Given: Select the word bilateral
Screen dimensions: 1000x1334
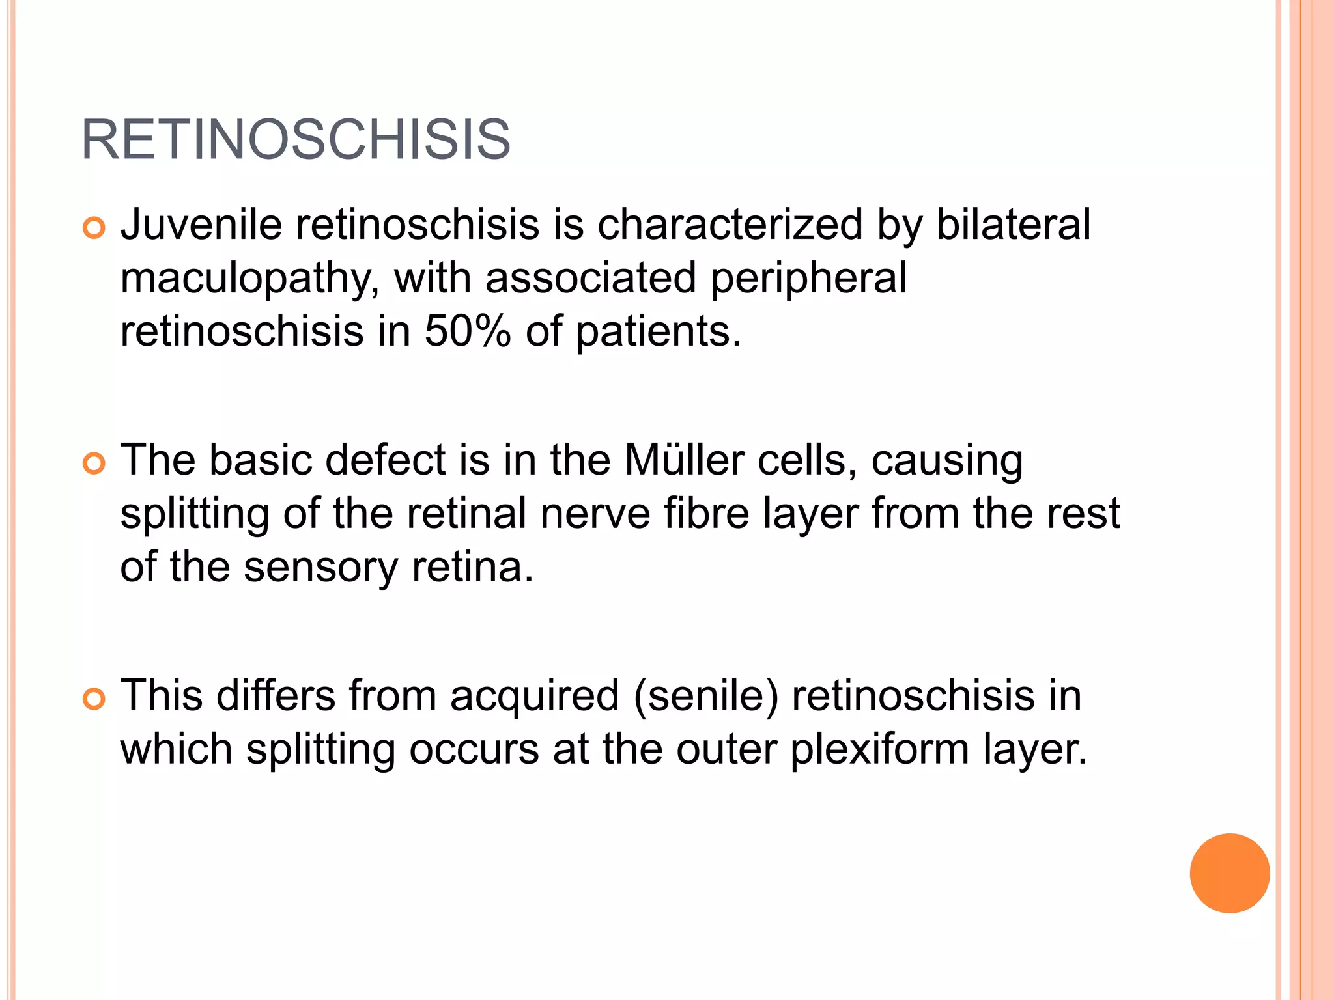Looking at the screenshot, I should (x=1013, y=225).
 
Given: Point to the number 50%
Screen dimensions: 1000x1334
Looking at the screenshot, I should (x=468, y=331).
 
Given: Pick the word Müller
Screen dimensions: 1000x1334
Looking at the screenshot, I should (x=684, y=460).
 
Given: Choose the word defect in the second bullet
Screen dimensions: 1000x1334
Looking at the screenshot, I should (x=385, y=460).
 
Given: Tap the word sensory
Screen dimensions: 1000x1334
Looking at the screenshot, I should (x=320, y=567).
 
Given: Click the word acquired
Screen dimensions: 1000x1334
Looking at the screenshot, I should (x=534, y=696).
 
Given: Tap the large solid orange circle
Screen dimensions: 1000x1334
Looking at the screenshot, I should (x=1229, y=873).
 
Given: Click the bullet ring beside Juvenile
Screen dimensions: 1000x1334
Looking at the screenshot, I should (x=94, y=229).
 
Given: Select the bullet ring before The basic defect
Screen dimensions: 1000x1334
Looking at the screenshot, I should (x=94, y=464).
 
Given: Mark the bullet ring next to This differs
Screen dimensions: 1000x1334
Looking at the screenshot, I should (x=94, y=700).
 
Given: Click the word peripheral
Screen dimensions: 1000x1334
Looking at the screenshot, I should (x=808, y=279).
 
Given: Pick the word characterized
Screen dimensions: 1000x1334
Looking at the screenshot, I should (x=730, y=225).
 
